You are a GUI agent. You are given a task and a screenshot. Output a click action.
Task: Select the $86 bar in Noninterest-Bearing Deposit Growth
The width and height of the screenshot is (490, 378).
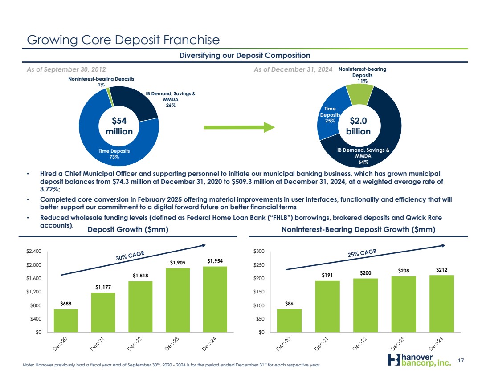pyautogui.click(x=289, y=320)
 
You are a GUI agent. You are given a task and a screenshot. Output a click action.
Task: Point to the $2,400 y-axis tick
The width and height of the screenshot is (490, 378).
pyautogui.click(x=34, y=252)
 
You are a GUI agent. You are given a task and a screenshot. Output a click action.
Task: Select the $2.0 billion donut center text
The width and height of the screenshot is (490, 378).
pyautogui.click(x=359, y=126)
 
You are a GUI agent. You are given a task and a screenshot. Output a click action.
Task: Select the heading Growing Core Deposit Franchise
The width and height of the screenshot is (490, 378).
pyautogui.click(x=123, y=40)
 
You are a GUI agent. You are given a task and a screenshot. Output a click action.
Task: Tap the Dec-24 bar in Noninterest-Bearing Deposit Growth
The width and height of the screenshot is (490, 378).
pyautogui.click(x=441, y=303)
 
